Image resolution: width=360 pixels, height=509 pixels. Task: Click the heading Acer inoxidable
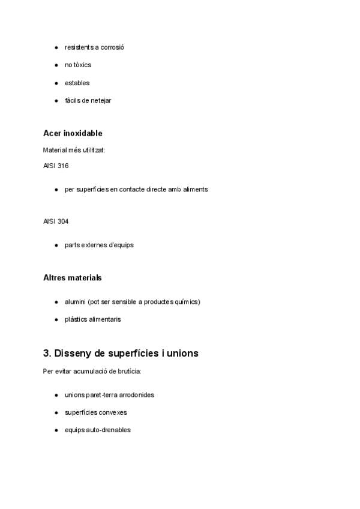pyautogui.click(x=73, y=133)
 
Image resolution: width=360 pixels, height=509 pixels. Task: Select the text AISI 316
pyautogui.click(x=56, y=166)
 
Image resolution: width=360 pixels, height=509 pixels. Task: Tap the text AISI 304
pyautogui.click(x=56, y=221)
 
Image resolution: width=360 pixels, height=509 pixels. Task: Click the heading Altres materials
pyautogui.click(x=73, y=278)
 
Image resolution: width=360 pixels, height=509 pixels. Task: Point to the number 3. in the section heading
pyautogui.click(x=47, y=354)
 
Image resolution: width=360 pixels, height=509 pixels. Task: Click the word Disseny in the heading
pyautogui.click(x=74, y=354)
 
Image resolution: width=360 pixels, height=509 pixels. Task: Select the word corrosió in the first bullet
pyautogui.click(x=113, y=47)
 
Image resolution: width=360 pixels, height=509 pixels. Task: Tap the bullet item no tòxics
pyautogui.click(x=78, y=65)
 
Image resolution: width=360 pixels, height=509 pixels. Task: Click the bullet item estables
pyautogui.click(x=77, y=83)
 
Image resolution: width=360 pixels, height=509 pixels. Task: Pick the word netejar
pyautogui.click(x=101, y=100)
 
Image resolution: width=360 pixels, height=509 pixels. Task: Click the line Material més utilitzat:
pyautogui.click(x=74, y=150)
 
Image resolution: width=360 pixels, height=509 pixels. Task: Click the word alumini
pyautogui.click(x=75, y=301)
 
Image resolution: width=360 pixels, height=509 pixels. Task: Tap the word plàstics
pyautogui.click(x=76, y=319)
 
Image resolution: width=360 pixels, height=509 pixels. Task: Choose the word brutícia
pyautogui.click(x=128, y=372)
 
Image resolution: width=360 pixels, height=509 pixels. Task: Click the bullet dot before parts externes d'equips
pyautogui.click(x=56, y=245)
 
